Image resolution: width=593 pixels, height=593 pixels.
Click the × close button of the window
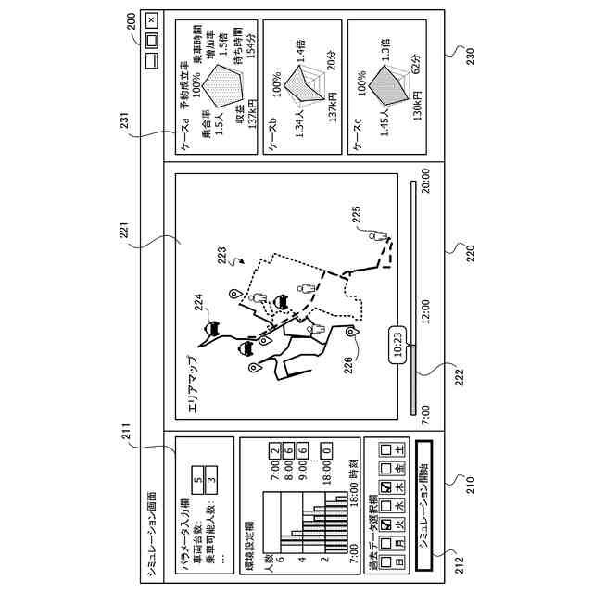pyautogui.click(x=152, y=19)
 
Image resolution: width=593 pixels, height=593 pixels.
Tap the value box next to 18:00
pyautogui.click(x=327, y=453)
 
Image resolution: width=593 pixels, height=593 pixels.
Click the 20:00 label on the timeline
pyautogui.click(x=426, y=180)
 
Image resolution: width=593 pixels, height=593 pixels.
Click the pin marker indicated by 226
pyautogui.click(x=349, y=332)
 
